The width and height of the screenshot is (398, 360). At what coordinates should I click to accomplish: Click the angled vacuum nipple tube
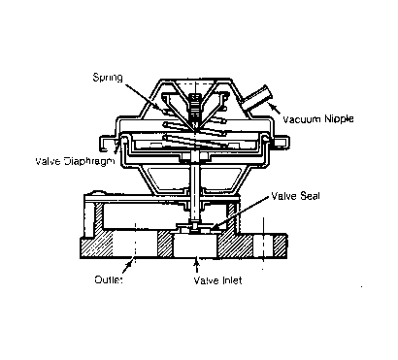pyautogui.click(x=257, y=101)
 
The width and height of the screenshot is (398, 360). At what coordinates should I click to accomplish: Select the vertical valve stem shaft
pyautogui.click(x=196, y=194)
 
